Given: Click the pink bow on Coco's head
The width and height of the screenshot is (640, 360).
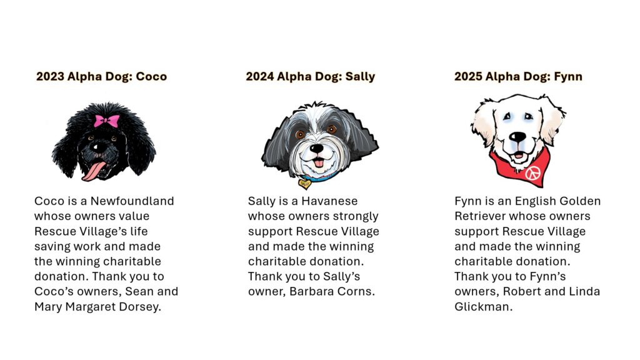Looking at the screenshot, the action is tap(107, 121).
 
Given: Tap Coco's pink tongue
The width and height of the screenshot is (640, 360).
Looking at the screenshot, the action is tap(94, 171).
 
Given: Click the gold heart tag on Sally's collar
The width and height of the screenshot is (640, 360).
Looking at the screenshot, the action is tap(304, 184).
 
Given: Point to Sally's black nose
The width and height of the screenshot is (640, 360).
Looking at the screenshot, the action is tap(317, 148).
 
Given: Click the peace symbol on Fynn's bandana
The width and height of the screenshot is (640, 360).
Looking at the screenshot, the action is tap(532, 172).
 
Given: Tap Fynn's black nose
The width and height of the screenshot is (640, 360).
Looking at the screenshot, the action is tap(517, 137).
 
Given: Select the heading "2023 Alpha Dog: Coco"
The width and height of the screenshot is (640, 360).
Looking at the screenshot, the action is tap(102, 76).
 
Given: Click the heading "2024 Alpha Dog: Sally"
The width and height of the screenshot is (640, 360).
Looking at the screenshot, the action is tap(310, 76).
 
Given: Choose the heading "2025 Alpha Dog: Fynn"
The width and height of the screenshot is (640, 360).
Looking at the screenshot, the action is tap(518, 76).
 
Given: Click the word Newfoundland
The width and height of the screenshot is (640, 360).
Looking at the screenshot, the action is tap(132, 201).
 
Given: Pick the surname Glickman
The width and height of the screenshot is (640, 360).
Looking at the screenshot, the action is tap(483, 306).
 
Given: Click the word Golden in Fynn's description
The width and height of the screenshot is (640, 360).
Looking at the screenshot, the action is tap(579, 201).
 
